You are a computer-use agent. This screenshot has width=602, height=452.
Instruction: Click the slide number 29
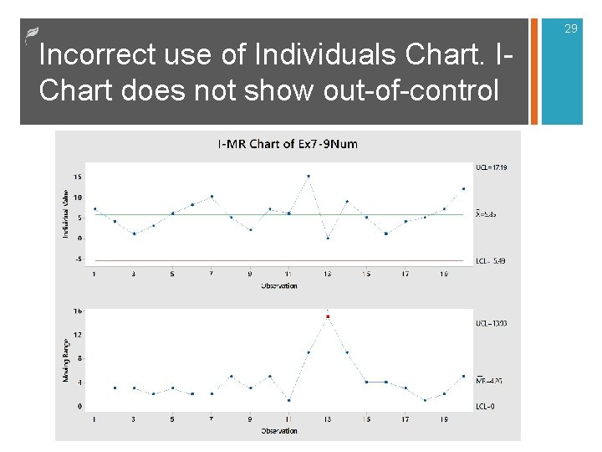click(571, 29)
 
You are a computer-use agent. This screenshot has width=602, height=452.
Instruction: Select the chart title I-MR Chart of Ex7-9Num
click(288, 144)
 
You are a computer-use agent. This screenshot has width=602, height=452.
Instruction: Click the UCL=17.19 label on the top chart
click(492, 167)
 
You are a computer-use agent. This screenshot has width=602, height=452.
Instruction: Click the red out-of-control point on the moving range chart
click(328, 317)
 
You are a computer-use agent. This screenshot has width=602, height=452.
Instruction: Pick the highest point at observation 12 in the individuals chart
click(309, 177)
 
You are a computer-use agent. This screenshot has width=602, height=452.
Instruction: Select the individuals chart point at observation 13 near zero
click(328, 238)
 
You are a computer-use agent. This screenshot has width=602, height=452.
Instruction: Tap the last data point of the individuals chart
click(463, 188)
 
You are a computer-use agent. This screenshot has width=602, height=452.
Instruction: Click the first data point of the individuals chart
click(94, 208)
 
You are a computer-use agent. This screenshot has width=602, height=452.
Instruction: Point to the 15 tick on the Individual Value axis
click(77, 177)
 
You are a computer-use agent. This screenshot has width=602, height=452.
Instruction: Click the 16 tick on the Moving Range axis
click(77, 311)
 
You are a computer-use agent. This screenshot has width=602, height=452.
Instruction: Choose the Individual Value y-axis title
click(65, 213)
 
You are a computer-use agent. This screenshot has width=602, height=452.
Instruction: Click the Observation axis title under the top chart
click(278, 285)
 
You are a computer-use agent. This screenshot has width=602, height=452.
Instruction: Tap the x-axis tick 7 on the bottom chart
click(212, 419)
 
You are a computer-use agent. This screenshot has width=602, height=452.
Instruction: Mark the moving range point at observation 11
click(288, 400)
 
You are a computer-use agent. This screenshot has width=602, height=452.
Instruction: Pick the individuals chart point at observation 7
click(212, 197)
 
